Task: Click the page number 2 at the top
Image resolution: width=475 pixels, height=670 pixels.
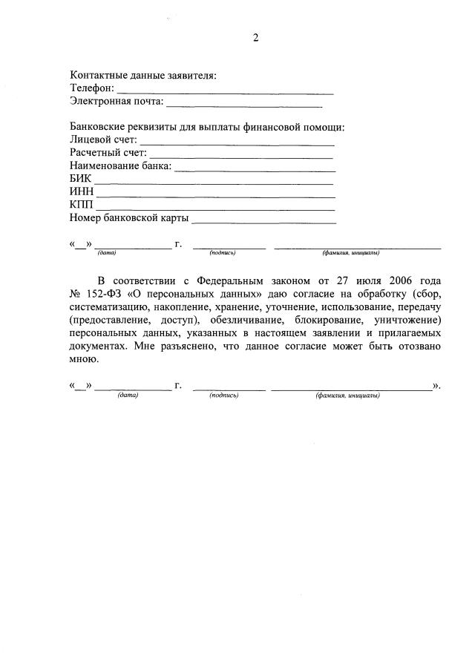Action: coord(255,39)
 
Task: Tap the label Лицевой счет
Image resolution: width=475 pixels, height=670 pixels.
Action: coord(103,139)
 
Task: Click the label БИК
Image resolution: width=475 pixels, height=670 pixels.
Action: coord(80,179)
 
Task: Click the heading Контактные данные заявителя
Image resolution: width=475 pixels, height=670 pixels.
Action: coord(142,75)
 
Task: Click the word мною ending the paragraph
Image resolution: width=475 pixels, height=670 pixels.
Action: coord(83,359)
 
